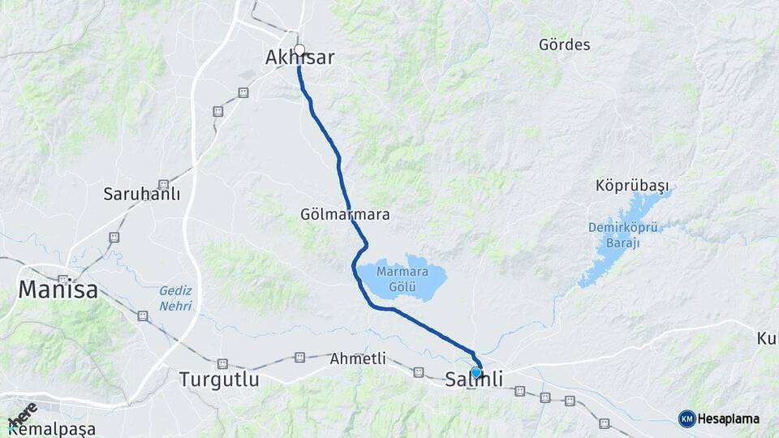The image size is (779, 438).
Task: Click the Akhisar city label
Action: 299,58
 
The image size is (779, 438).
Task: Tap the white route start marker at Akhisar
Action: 299,50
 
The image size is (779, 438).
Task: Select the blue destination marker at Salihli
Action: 476,372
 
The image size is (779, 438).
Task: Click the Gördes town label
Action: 564,45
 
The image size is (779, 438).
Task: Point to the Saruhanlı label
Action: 141,195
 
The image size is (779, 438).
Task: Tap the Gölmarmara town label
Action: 345,216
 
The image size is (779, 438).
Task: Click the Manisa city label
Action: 58,290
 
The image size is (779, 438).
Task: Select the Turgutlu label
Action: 219,380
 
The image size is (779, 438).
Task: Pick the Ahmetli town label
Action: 358,359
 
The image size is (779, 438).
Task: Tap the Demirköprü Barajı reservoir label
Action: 626,235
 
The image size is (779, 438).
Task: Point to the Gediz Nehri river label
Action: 175,298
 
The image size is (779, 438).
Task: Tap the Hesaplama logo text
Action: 730,419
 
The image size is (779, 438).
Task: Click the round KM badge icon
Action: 687,419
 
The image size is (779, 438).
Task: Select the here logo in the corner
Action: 22,413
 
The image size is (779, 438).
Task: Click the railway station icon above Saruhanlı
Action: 164,185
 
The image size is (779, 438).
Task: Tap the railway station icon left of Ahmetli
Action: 300,357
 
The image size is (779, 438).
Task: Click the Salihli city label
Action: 474,380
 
